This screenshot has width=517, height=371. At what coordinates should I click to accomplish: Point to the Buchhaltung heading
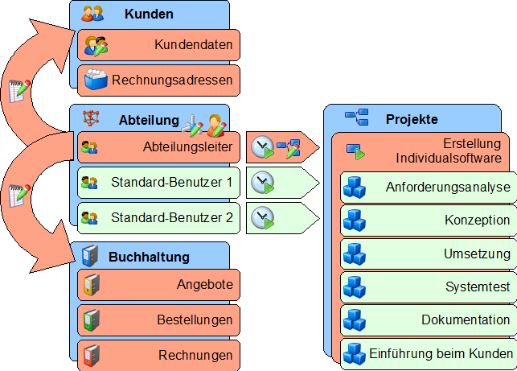coord(149,257)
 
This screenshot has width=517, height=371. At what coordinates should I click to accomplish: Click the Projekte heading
coord(412,119)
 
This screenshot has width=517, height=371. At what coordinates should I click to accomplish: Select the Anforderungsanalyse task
coord(427,188)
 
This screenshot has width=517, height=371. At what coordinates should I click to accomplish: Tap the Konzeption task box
coord(427,221)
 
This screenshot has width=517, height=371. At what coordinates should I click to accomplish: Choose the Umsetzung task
coord(427,254)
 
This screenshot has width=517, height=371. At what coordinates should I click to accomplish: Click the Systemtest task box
coord(427,286)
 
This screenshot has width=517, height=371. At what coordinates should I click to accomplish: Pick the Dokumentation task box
coord(427,319)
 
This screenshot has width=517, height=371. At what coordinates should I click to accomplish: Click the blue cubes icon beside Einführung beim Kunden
coord(355,353)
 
